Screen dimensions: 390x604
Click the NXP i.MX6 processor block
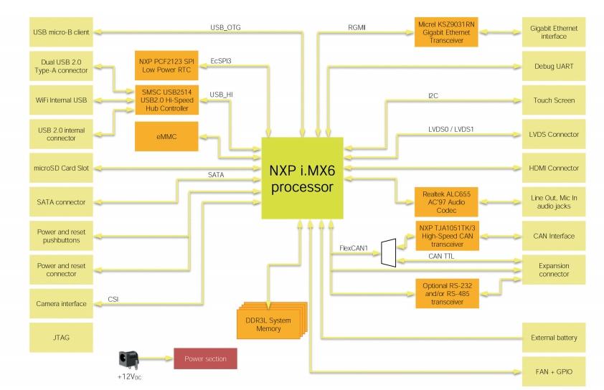point(301,179)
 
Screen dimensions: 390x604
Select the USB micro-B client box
point(61,32)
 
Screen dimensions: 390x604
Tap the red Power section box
point(205,358)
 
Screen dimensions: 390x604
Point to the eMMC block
point(166,136)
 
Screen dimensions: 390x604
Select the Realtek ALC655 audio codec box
point(445,201)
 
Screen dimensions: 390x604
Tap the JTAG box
point(61,337)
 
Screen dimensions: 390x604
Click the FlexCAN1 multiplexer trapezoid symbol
point(388,252)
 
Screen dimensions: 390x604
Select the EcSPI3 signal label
point(220,61)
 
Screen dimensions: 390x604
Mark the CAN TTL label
point(440,256)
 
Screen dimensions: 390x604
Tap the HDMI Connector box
point(553,168)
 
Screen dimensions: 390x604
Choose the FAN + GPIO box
point(553,371)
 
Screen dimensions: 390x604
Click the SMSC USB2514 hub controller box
point(166,100)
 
